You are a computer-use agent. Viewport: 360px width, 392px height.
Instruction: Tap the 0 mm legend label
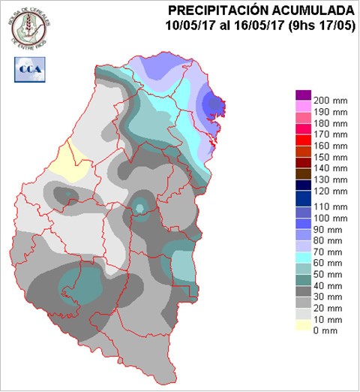325,331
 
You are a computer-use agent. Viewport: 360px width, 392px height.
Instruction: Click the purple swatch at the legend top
303,95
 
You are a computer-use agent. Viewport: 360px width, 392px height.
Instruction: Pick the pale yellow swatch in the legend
303,324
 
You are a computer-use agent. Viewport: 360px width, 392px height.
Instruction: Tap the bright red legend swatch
303,140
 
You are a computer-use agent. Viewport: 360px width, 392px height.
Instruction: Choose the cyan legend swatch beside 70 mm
303,257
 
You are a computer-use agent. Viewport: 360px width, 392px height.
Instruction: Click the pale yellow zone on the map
71,161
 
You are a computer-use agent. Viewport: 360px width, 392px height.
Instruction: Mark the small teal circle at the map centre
140,207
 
